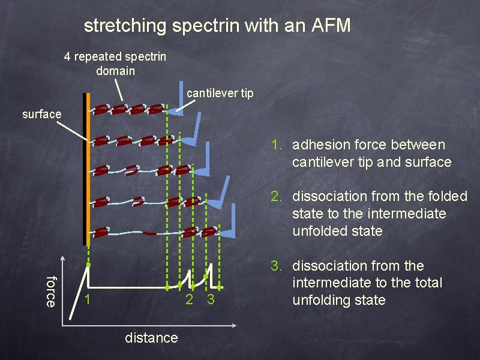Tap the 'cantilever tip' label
tap(220, 93)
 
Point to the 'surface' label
tap(41, 113)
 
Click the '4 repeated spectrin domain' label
tap(115, 64)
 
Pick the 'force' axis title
tap(52, 291)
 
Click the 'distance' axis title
tap(151, 338)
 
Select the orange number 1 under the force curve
tap(88, 299)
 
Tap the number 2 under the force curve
tap(189, 299)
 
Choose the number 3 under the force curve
tap(211, 299)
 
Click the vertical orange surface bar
tap(88, 168)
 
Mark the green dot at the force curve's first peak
tap(88, 265)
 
